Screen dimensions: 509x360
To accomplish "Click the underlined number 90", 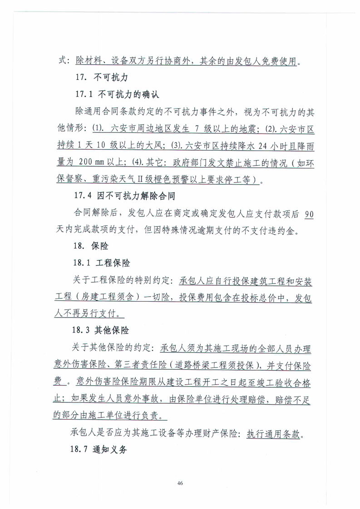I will click(x=308, y=213).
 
